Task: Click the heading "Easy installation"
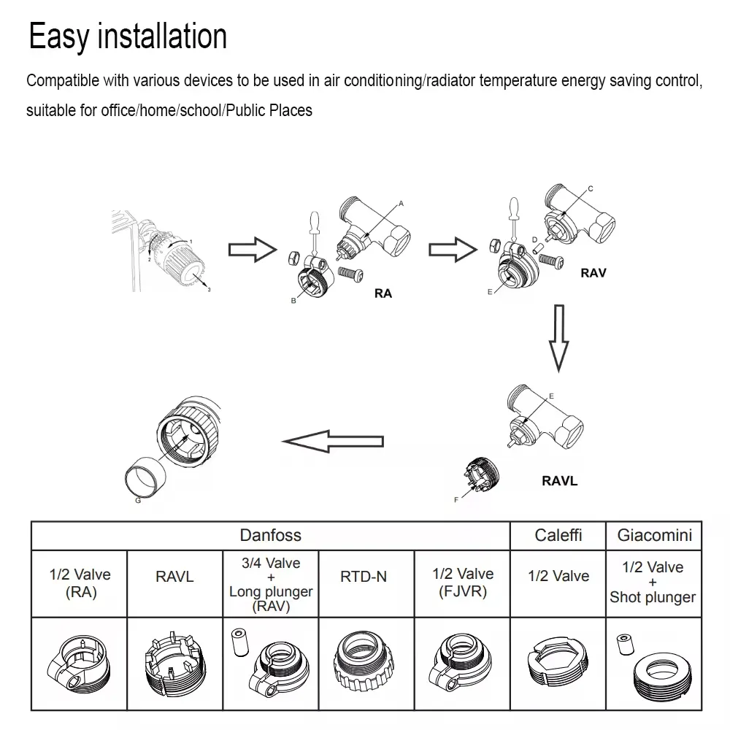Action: pyautogui.click(x=128, y=36)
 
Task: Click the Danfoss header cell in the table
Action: pyautogui.click(x=270, y=536)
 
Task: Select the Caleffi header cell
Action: pyautogui.click(x=558, y=536)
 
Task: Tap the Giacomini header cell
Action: pyautogui.click(x=654, y=536)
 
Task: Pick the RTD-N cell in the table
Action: pyautogui.click(x=364, y=577)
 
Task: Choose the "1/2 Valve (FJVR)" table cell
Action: pyautogui.click(x=462, y=583)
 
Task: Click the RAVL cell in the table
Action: pyautogui.click(x=175, y=577)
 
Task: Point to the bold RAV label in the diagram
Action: pyautogui.click(x=593, y=274)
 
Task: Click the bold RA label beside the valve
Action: pyautogui.click(x=383, y=293)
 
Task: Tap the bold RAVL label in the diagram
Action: pyautogui.click(x=559, y=482)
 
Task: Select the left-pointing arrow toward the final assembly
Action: pyautogui.click(x=333, y=441)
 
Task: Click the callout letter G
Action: pyautogui.click(x=139, y=501)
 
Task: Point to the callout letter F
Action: pyautogui.click(x=456, y=500)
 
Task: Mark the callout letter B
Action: pyautogui.click(x=293, y=301)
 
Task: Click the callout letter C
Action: pyautogui.click(x=591, y=189)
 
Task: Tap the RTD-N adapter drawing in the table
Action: pyautogui.click(x=364, y=661)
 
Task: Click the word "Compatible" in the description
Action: pyautogui.click(x=61, y=81)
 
